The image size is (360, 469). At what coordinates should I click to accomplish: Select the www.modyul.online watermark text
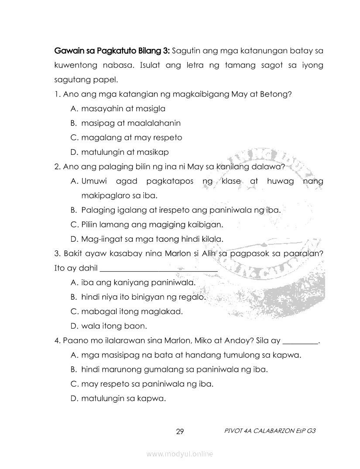tap(180, 454)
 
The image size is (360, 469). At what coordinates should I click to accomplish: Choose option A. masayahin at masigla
tap(118, 109)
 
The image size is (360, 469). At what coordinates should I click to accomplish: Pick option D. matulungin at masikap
tap(120, 152)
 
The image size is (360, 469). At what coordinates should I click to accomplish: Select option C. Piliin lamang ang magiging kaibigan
tap(147, 225)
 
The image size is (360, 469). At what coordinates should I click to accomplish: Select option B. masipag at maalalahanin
tap(126, 123)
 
